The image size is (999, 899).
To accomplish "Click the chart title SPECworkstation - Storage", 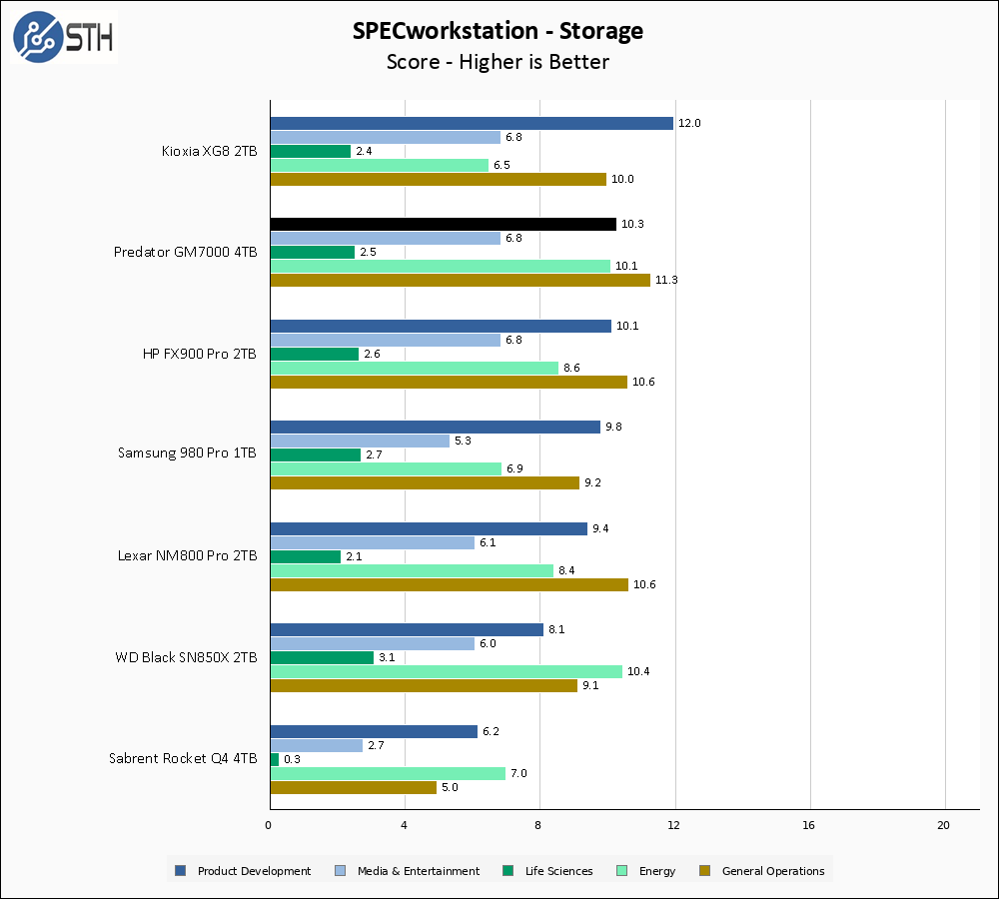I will (498, 31).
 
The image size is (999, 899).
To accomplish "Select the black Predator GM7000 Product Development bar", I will (443, 224).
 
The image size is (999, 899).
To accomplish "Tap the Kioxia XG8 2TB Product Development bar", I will (472, 123).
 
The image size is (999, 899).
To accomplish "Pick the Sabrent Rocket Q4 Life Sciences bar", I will (274, 759).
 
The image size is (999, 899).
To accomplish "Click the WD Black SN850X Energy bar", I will (446, 671).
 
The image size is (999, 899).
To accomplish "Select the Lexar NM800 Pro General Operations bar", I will (449, 584).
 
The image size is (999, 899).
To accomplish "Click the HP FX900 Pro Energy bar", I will (414, 368).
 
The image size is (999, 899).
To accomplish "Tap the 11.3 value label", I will (666, 280).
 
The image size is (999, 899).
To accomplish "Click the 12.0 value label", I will (689, 123).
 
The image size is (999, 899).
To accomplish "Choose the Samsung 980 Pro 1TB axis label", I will (187, 452).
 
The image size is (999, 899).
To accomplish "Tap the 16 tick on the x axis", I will (809, 825).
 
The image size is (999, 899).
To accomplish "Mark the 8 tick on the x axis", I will (539, 825).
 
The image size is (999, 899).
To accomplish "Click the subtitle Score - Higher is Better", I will (498, 62).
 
